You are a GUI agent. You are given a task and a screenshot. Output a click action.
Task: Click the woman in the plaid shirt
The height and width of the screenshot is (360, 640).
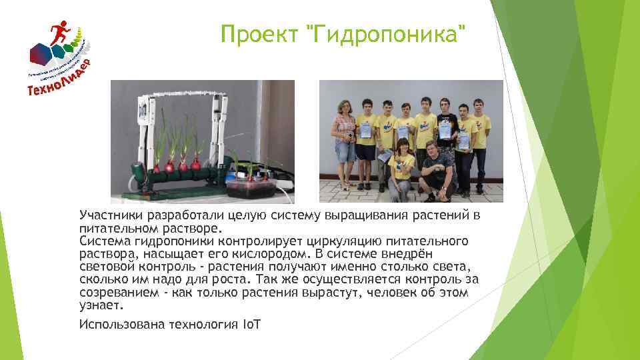345,133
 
